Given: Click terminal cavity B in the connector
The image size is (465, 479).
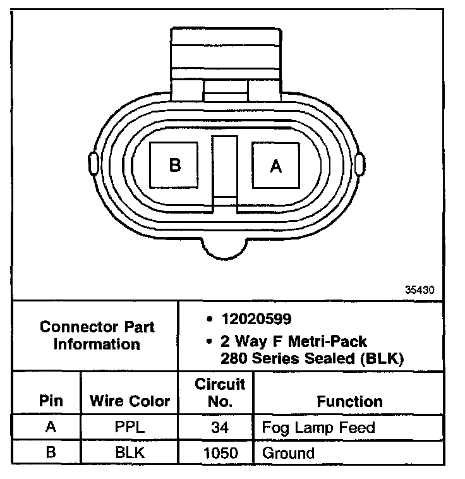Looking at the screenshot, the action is click(x=174, y=165).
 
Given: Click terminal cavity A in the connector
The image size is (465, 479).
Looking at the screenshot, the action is click(x=275, y=166).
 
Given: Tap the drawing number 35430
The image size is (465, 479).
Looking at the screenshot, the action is click(x=420, y=289).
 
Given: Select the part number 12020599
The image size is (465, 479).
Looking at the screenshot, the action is click(x=257, y=319).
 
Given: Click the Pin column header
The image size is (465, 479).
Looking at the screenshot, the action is click(x=51, y=401).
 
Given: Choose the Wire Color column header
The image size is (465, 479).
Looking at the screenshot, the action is click(x=130, y=401).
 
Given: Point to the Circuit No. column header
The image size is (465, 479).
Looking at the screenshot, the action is click(x=220, y=393).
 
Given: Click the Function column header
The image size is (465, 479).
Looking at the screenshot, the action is click(x=349, y=401).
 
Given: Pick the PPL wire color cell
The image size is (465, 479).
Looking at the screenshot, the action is click(x=130, y=427).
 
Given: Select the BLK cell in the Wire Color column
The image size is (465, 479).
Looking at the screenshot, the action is click(x=130, y=452).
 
